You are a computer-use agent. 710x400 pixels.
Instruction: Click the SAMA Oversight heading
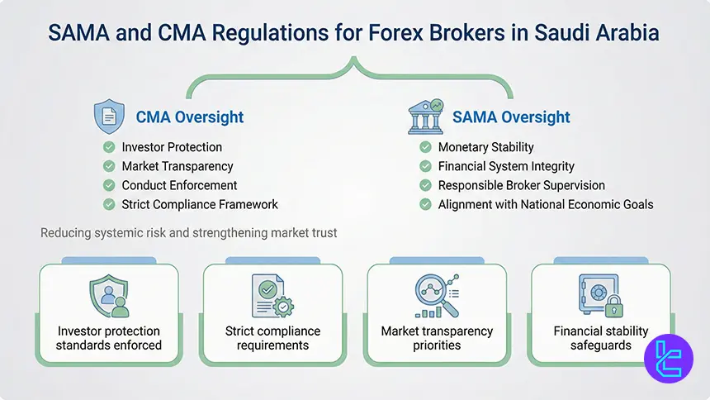(x=511, y=117)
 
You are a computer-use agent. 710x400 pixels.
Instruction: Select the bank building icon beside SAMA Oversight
(x=425, y=117)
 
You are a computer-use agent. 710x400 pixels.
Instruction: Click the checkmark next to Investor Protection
(x=109, y=147)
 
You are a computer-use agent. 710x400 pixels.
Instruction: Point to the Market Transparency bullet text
(x=177, y=166)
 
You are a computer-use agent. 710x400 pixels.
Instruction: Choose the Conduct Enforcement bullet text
(x=179, y=185)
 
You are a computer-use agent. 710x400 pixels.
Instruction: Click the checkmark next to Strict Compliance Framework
(x=109, y=204)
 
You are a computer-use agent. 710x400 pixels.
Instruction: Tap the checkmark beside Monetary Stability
(x=425, y=147)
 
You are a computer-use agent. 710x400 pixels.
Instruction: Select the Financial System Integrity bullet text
(x=506, y=166)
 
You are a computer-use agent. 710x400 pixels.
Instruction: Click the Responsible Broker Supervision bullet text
(x=521, y=185)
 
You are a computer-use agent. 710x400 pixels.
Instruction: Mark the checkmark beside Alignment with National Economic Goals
(x=425, y=204)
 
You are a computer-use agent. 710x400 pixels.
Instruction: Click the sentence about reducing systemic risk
(x=188, y=233)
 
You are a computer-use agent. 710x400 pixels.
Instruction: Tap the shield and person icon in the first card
(x=108, y=296)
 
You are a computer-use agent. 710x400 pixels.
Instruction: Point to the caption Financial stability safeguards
(x=600, y=338)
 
